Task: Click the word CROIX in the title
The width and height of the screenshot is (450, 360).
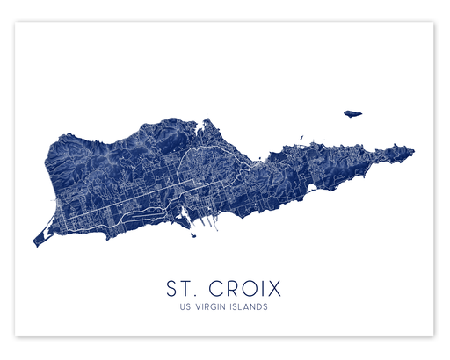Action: (x=248, y=288)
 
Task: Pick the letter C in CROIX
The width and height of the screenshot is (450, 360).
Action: (x=216, y=288)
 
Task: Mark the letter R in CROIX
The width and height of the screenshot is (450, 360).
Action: (x=233, y=288)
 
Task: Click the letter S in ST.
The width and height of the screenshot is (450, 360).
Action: (x=172, y=288)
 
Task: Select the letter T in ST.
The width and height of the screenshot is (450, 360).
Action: (x=187, y=288)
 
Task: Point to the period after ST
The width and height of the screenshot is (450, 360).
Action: (x=197, y=294)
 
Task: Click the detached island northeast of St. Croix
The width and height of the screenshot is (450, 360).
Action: (x=353, y=112)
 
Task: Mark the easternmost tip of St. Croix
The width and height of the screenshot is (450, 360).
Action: (x=413, y=153)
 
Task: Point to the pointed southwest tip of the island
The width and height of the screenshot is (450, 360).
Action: (x=35, y=243)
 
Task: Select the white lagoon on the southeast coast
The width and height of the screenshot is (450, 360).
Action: (x=310, y=187)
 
